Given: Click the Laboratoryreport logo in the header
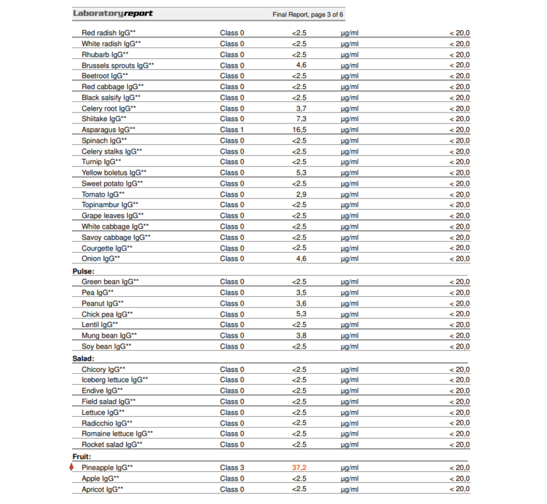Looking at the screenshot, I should [x=112, y=14].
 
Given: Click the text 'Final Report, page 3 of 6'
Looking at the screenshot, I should [x=309, y=14].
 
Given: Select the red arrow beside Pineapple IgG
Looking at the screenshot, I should [x=73, y=468].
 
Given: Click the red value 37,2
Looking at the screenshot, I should [x=299, y=468].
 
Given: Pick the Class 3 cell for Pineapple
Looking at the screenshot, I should [x=232, y=468].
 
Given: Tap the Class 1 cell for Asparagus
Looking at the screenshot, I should [x=232, y=130].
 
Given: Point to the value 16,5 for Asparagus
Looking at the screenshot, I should [x=299, y=130].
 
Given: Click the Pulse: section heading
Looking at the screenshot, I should [x=84, y=271].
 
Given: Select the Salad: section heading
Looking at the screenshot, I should [x=84, y=358].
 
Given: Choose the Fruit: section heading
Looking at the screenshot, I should [x=82, y=457].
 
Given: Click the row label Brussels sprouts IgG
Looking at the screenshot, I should [x=117, y=65].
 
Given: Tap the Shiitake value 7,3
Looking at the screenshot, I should [x=301, y=119].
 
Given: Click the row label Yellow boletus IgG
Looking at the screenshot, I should [x=114, y=173].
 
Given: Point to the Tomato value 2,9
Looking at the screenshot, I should [x=301, y=194].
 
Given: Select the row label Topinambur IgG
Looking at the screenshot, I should [x=109, y=205].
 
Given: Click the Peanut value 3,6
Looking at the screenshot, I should [x=301, y=303].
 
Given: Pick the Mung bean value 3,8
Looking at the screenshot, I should [x=301, y=336].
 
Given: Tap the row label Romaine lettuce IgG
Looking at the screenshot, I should [x=117, y=434].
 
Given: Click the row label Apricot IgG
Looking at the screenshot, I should [x=102, y=489].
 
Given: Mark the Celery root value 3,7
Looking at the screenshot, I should [x=301, y=108].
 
